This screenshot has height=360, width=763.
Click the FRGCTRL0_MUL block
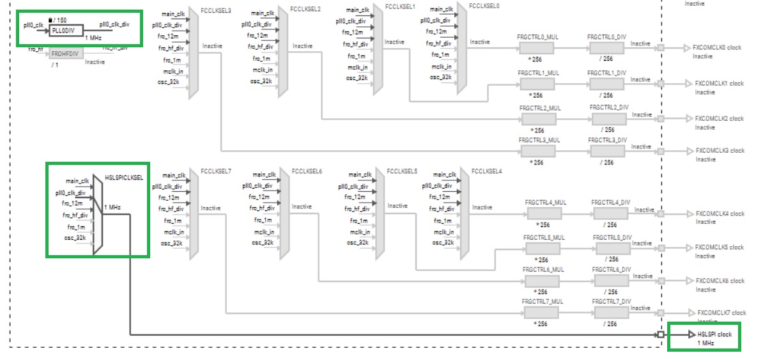point(537,49)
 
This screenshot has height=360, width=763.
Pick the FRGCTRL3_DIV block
point(608,151)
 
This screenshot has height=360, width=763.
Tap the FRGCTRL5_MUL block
point(543,248)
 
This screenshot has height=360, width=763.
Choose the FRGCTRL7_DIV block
point(611,313)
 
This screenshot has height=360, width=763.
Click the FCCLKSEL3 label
point(215,11)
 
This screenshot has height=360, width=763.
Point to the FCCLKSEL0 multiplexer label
point(484,6)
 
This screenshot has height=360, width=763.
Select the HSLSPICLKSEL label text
point(123,176)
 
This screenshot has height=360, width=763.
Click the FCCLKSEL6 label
point(307,171)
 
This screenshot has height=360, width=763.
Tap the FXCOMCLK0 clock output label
point(719,48)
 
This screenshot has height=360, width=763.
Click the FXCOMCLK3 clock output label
point(720,151)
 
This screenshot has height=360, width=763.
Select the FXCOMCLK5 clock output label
point(720,247)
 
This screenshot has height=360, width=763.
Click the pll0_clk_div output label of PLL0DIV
point(114,24)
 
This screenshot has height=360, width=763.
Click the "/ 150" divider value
point(59,20)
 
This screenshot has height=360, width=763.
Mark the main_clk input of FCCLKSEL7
point(173,175)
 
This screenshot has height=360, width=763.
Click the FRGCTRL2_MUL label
point(539,109)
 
